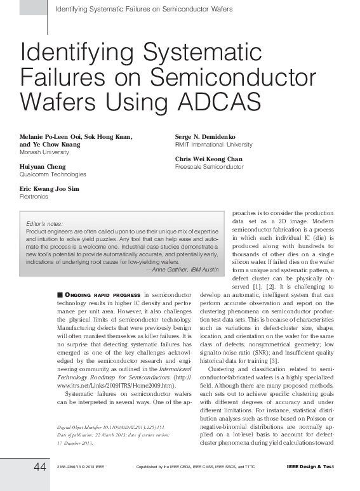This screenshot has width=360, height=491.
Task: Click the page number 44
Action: pos(39,467)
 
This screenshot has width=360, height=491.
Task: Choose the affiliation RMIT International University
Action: pos(213,145)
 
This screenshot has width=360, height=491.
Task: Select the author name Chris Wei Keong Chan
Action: pos(208,159)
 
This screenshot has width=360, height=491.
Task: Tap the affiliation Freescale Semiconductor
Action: pos(209,167)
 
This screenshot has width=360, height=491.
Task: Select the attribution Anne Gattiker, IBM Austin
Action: pos(183,270)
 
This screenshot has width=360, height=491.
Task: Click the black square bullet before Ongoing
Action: pos(59,295)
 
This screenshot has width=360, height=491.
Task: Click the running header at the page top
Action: pos(144,9)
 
